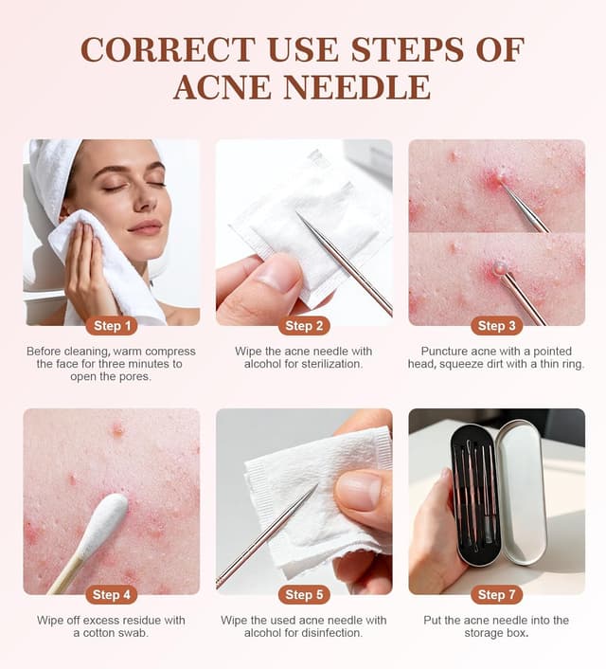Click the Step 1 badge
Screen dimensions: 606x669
(112, 326)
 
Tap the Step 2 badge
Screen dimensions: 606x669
(304, 326)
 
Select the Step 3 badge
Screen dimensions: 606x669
(497, 326)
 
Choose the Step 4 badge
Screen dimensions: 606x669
(112, 595)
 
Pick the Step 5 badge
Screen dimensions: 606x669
(304, 595)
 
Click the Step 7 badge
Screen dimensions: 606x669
(497, 595)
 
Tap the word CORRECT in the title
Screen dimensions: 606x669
(168, 49)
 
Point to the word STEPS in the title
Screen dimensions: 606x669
(407, 49)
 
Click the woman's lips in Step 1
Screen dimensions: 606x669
(145, 226)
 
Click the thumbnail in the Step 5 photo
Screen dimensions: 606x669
(358, 493)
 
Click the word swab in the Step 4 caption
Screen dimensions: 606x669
(134, 633)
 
